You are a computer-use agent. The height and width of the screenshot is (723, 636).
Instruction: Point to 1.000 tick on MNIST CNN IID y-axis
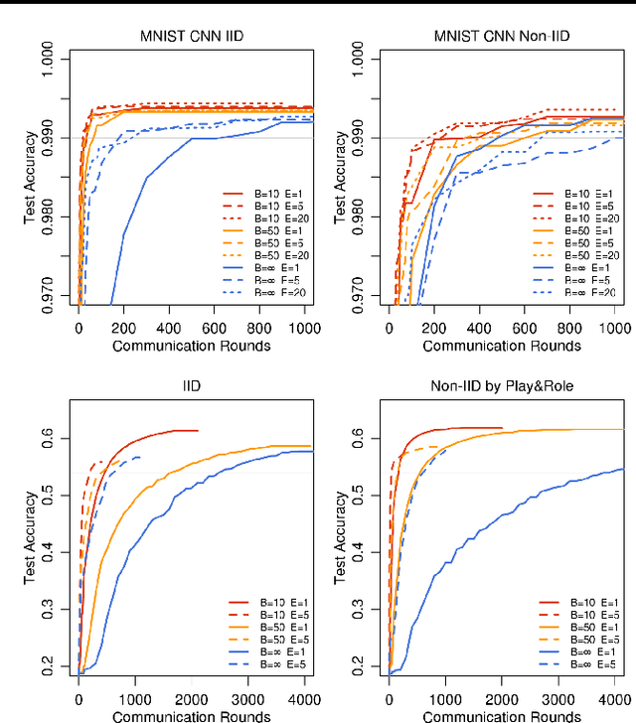[x=49, y=59]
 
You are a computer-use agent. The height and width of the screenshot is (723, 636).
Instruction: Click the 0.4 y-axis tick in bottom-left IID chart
[x=49, y=552]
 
